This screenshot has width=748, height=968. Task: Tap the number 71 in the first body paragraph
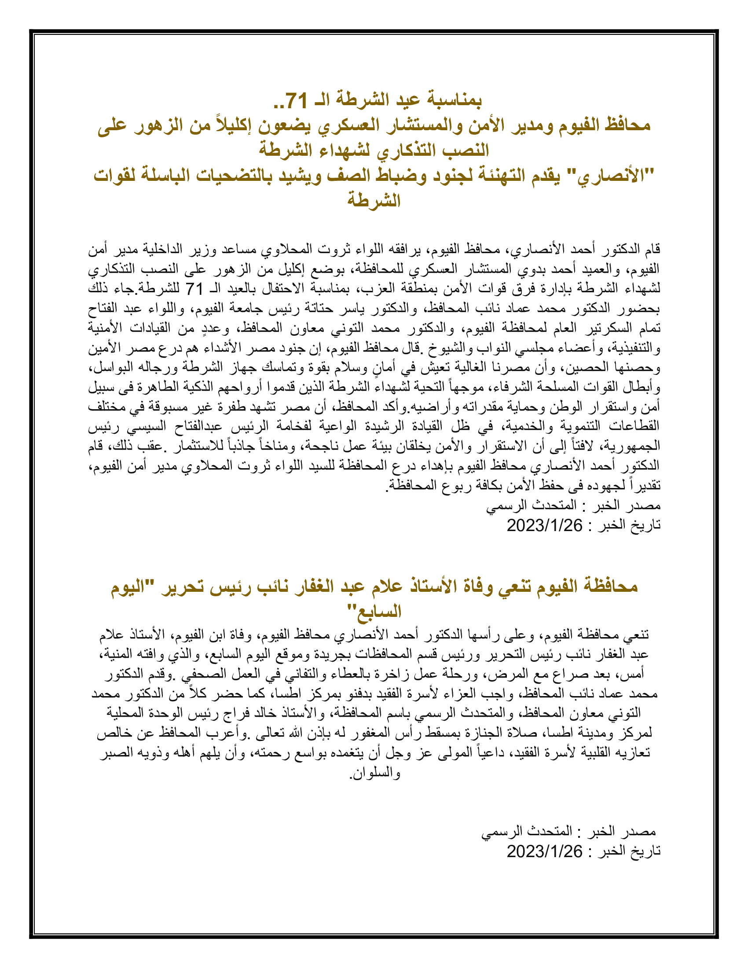[194, 290]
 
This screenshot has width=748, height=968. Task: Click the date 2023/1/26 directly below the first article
[544, 525]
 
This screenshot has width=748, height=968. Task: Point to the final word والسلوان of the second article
[375, 772]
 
